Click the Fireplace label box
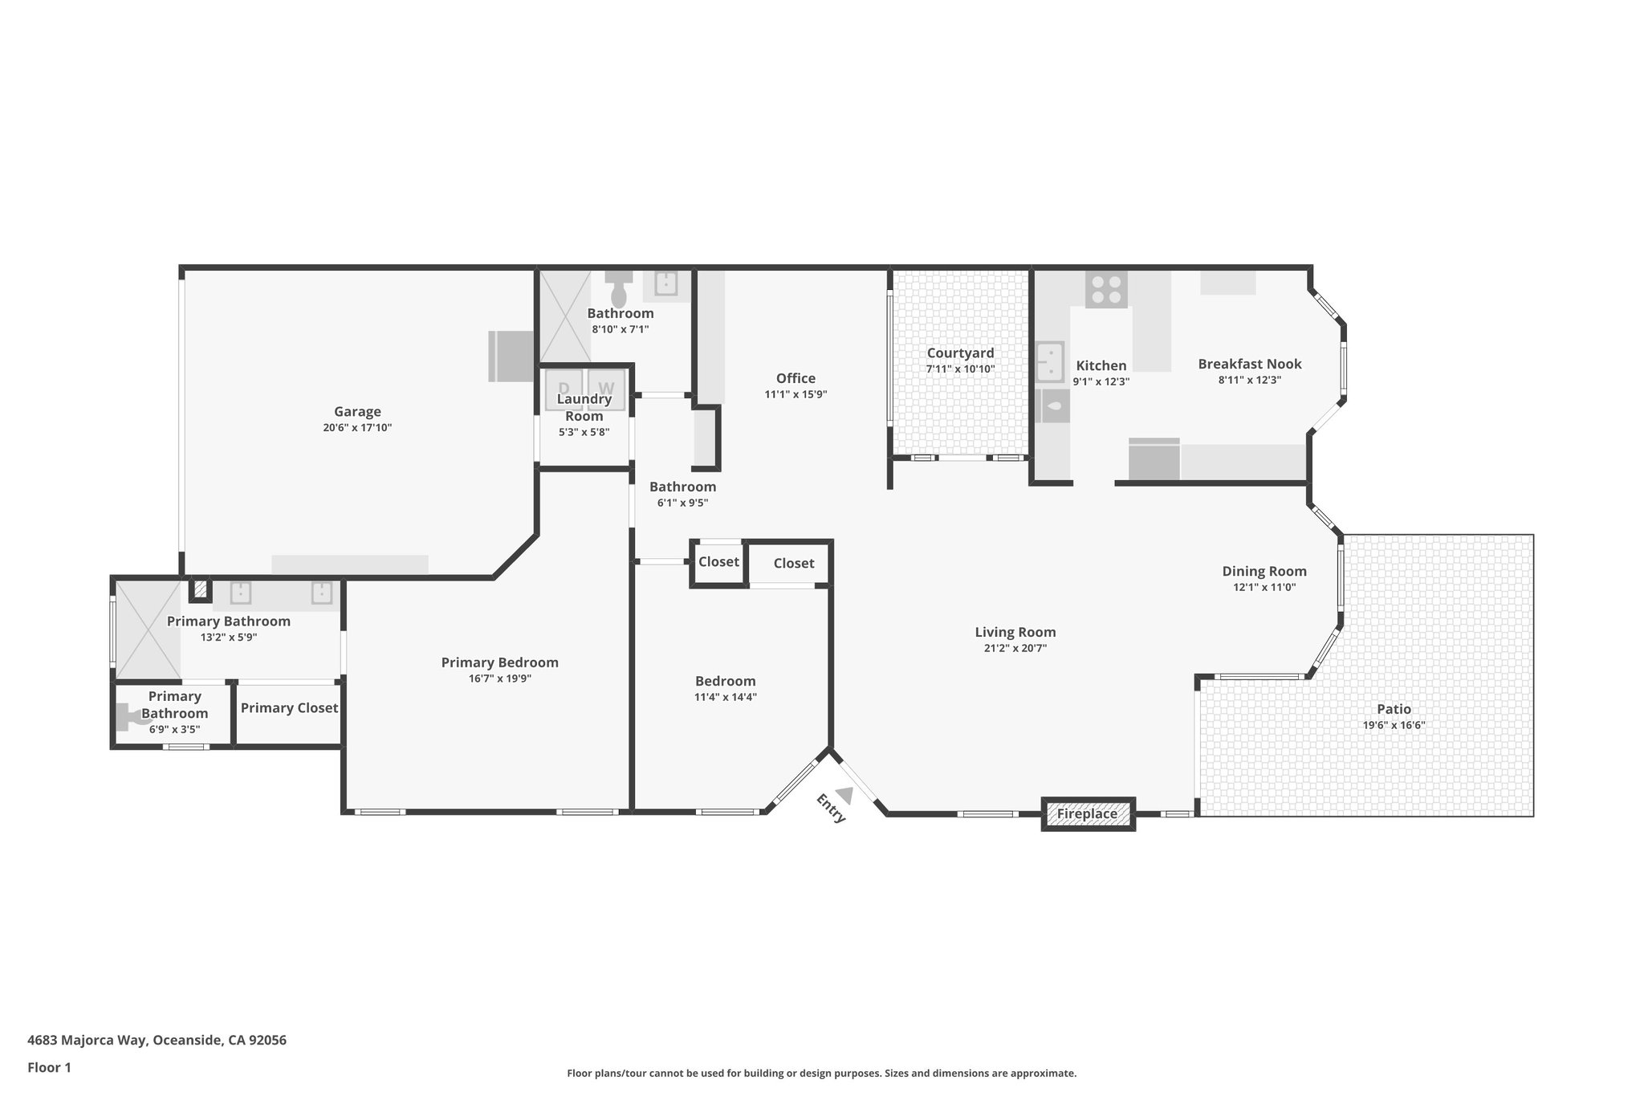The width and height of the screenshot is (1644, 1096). (x=1087, y=814)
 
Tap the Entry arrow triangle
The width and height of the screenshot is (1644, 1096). (x=844, y=794)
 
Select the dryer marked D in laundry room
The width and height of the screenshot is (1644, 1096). (x=564, y=389)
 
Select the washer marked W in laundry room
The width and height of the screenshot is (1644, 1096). (x=606, y=389)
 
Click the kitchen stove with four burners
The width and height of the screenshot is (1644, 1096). (x=1106, y=289)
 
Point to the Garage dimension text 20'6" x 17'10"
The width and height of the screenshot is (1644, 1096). (x=357, y=428)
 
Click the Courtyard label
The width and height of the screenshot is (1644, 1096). (x=960, y=353)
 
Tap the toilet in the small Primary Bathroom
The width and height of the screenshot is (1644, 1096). (x=131, y=715)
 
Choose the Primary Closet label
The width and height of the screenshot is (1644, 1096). (x=289, y=708)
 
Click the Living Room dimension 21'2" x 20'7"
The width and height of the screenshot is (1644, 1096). (x=1015, y=649)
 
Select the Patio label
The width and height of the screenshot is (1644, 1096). (x=1394, y=709)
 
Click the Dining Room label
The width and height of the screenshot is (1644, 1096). (x=1264, y=572)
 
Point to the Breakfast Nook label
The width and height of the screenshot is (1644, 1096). (x=1249, y=364)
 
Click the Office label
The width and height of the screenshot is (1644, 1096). (x=796, y=378)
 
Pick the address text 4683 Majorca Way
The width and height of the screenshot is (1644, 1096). (x=87, y=1040)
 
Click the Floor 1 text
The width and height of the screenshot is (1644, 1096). (x=49, y=1067)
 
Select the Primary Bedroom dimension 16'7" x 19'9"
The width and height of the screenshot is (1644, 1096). (x=499, y=678)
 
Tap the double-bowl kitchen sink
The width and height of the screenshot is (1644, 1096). (x=1050, y=362)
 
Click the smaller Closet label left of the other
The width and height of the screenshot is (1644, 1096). (x=718, y=562)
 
